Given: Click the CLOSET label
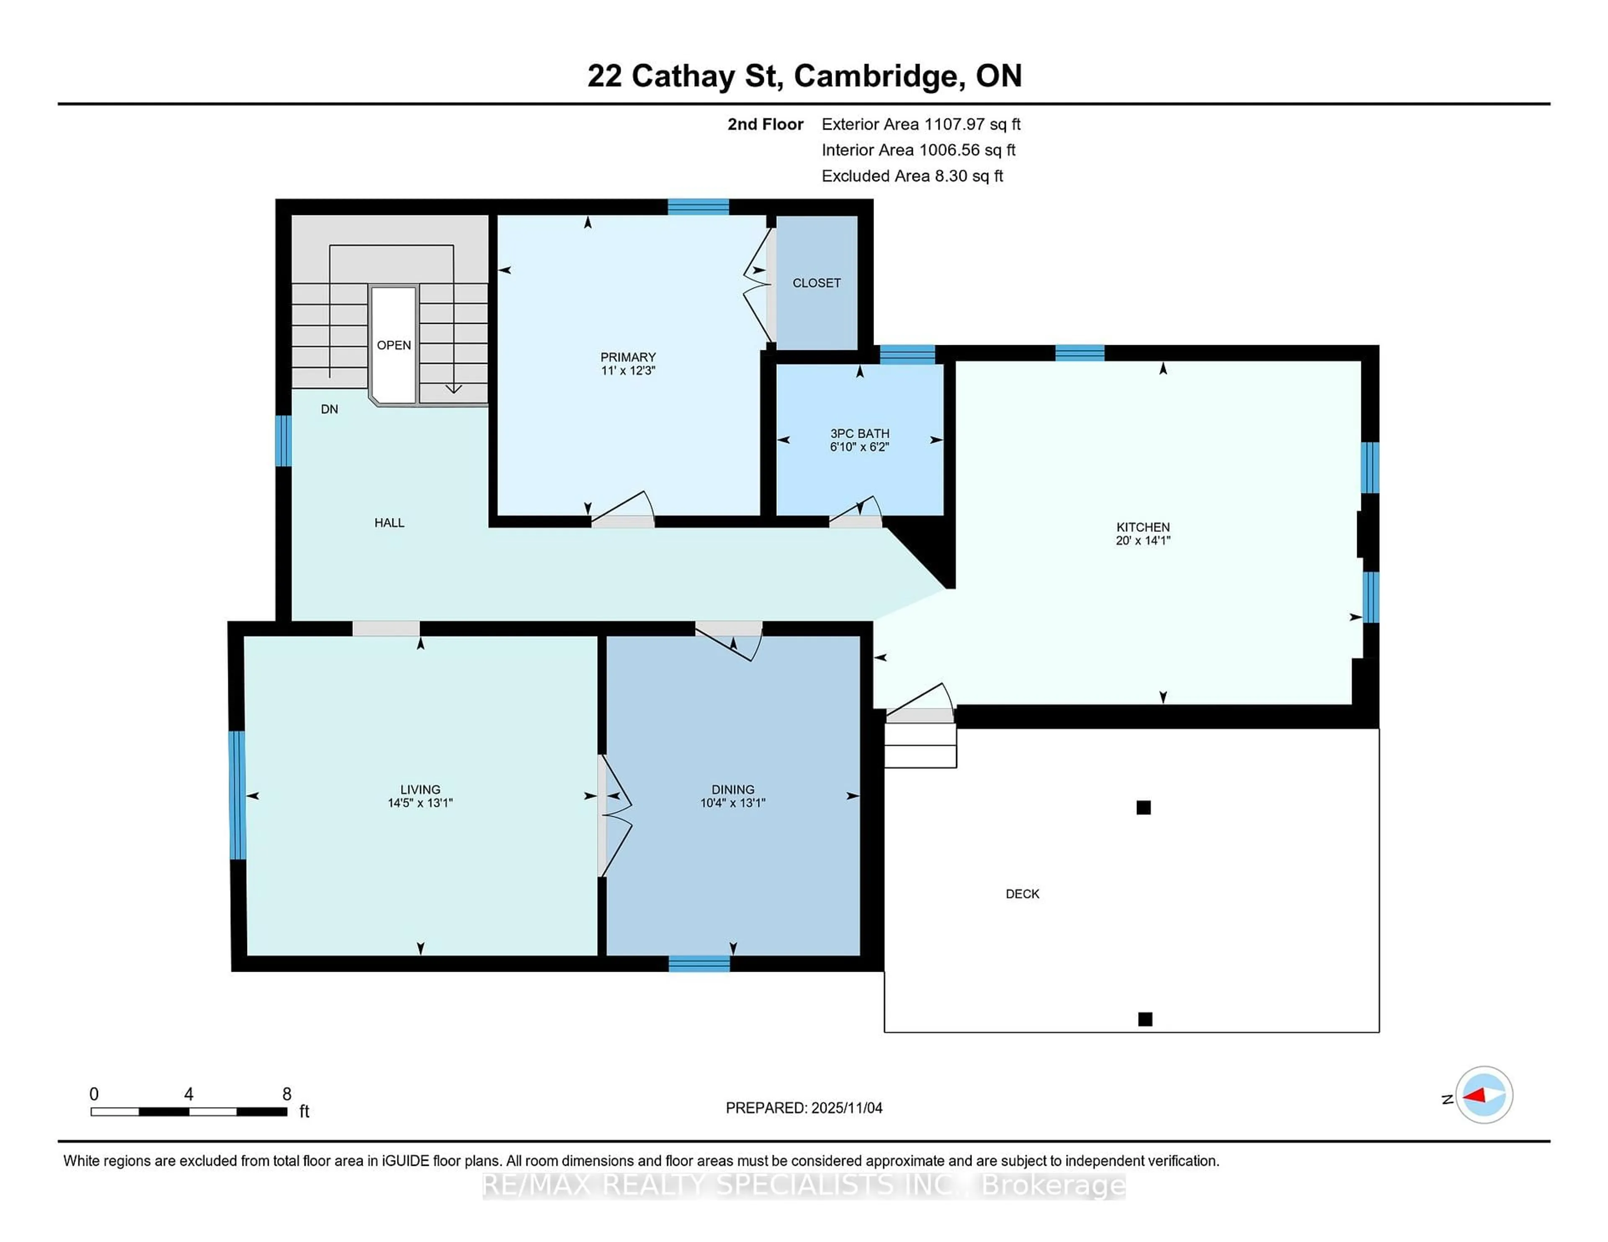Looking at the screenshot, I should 816,282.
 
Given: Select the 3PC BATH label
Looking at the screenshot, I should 859,434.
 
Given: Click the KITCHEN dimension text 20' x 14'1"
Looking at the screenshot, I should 1143,540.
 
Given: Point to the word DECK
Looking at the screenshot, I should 1022,894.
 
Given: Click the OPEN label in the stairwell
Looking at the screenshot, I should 393,345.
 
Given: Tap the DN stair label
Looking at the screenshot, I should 329,409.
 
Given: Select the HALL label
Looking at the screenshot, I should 389,522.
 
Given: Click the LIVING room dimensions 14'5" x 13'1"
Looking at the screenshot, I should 420,803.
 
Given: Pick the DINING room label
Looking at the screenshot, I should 732,789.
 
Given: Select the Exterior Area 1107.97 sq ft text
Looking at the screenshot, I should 920,124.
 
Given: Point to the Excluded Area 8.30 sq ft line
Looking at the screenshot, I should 912,176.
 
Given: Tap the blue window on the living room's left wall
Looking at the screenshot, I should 236,795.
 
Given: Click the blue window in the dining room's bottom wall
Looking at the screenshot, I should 699,963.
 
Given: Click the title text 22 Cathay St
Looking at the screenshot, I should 684,76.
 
